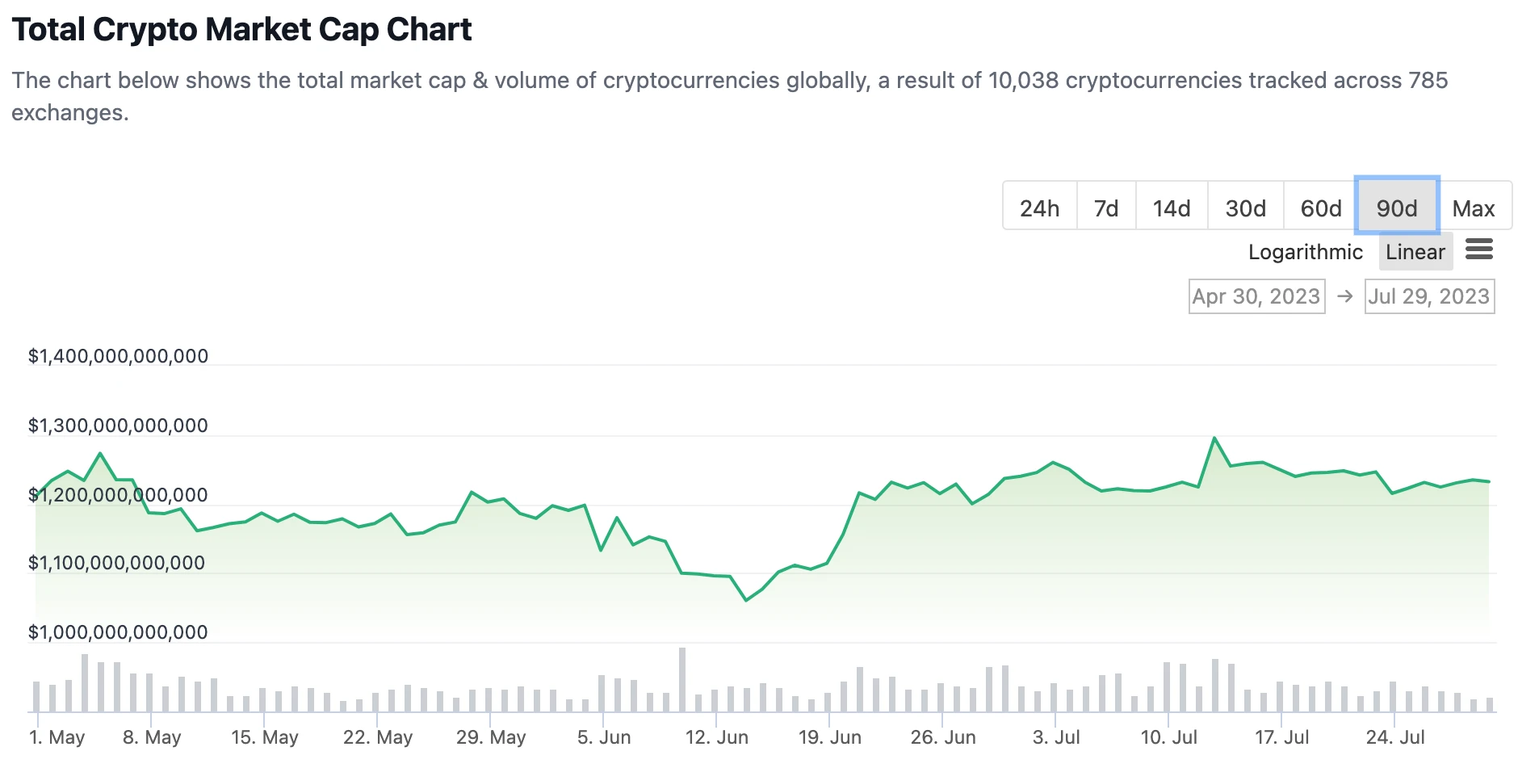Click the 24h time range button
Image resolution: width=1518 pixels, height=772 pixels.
click(x=1039, y=208)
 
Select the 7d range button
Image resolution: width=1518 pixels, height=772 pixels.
click(x=1106, y=208)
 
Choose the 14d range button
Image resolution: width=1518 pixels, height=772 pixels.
click(x=1172, y=208)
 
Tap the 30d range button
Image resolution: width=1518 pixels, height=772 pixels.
click(x=1245, y=208)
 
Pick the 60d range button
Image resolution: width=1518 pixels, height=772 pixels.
click(x=1321, y=208)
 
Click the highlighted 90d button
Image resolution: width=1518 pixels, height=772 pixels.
click(x=1397, y=208)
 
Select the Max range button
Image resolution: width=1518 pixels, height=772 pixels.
click(x=1474, y=208)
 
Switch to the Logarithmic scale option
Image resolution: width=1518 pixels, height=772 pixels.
click(x=1305, y=252)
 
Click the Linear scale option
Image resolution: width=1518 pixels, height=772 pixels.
click(x=1415, y=252)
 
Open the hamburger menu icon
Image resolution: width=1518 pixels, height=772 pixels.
click(x=1479, y=250)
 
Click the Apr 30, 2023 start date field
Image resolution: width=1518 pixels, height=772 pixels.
click(x=1256, y=296)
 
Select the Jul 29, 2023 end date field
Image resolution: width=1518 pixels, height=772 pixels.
click(x=1428, y=296)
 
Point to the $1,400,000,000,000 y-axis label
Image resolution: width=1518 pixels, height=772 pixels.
click(x=118, y=356)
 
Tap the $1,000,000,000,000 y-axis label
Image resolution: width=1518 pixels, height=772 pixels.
click(x=118, y=632)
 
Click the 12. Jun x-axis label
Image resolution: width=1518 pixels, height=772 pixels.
click(x=716, y=737)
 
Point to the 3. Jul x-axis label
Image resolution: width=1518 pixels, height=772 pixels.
click(x=1055, y=737)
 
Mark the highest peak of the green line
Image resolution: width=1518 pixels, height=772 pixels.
click(x=1214, y=438)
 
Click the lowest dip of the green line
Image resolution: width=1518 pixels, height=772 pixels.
click(x=746, y=600)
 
